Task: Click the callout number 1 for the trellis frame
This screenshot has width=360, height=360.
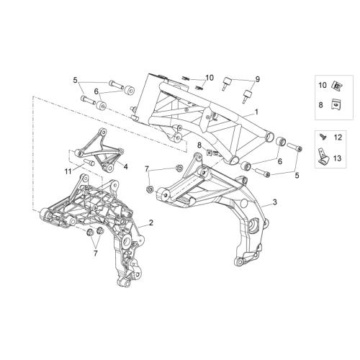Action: [256, 112]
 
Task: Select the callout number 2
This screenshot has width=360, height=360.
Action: [150, 222]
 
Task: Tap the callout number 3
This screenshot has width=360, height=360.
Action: [275, 202]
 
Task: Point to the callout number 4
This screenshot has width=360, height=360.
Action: [125, 166]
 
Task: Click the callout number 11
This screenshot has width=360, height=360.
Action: [68, 171]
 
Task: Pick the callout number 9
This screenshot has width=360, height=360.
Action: [257, 79]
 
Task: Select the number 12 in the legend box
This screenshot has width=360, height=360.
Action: [338, 138]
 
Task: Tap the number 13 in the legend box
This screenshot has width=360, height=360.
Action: [338, 158]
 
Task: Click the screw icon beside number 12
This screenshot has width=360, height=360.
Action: [323, 137]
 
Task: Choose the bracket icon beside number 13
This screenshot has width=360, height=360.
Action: [323, 157]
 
